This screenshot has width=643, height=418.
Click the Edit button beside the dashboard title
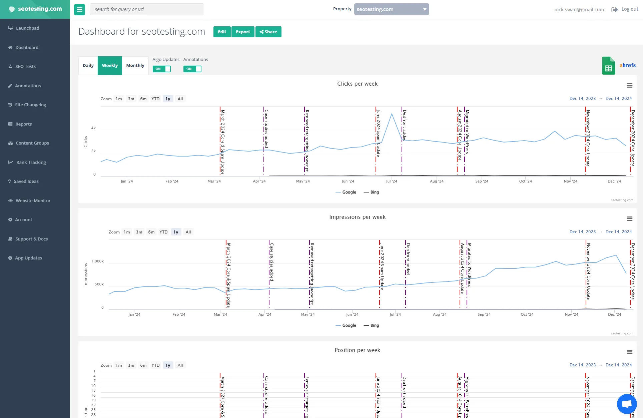click(x=222, y=32)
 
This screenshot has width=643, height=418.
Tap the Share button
click(x=268, y=32)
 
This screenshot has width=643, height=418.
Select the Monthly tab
click(x=135, y=66)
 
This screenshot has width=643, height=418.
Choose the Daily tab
click(x=88, y=66)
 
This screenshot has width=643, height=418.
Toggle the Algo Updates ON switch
click(x=162, y=69)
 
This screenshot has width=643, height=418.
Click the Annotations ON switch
click(x=192, y=69)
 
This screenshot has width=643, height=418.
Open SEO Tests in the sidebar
click(x=25, y=67)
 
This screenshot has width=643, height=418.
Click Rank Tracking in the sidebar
click(x=31, y=163)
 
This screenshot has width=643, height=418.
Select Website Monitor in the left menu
click(x=33, y=201)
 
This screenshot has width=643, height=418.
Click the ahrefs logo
click(x=627, y=65)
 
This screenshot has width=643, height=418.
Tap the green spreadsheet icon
click(x=608, y=66)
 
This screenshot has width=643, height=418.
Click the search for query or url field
click(x=147, y=9)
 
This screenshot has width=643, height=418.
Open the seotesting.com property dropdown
click(x=392, y=9)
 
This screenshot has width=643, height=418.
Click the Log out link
click(x=629, y=9)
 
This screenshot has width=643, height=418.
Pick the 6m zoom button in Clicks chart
click(x=143, y=99)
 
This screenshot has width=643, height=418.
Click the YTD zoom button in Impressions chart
click(x=163, y=232)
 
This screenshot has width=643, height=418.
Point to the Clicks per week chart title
click(x=357, y=84)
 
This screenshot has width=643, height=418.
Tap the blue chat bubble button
click(x=627, y=404)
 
